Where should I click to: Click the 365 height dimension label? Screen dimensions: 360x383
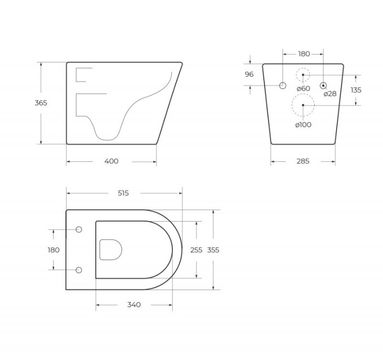[x=41, y=103]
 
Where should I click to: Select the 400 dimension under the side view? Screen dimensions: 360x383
[x=111, y=161]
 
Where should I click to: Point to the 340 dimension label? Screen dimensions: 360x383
[x=134, y=305]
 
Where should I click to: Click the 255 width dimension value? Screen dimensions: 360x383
[x=196, y=249]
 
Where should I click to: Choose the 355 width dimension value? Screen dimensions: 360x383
[x=213, y=249]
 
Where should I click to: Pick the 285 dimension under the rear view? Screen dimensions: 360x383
[x=303, y=161]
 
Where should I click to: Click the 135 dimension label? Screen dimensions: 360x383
[x=356, y=90]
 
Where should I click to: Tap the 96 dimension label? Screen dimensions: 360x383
[x=249, y=74]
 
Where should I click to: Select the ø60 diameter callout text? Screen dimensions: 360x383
[x=303, y=89]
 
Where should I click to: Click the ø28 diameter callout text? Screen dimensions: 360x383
[x=330, y=94]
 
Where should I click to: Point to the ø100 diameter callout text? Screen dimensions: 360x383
[x=303, y=125]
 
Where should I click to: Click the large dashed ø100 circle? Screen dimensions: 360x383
[x=303, y=104]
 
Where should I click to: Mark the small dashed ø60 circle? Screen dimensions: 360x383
[x=303, y=74]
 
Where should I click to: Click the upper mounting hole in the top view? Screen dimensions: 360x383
[x=79, y=229]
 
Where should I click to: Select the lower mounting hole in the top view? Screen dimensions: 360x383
[x=79, y=270]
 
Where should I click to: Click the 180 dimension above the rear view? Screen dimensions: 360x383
[x=304, y=54]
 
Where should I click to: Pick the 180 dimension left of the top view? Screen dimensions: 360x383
[x=53, y=249]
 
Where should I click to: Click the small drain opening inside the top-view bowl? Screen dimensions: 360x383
[x=111, y=249]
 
